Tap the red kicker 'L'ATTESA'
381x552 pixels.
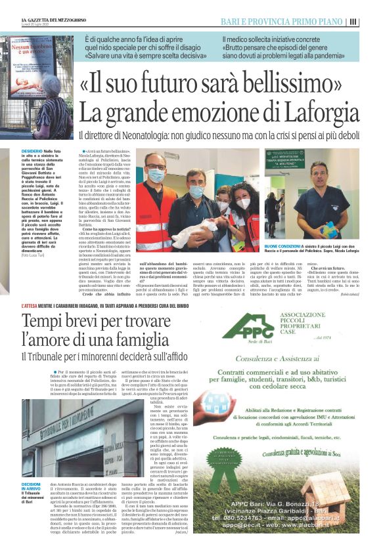coord(30,306)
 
